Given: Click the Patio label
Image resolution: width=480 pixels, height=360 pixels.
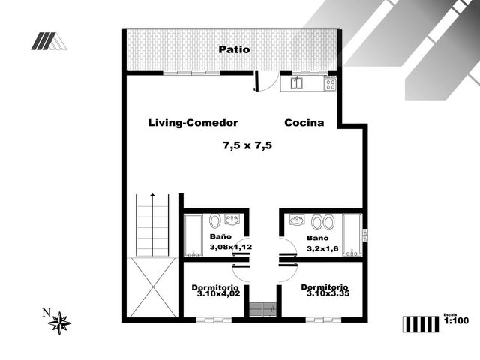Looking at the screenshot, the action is click(234, 49).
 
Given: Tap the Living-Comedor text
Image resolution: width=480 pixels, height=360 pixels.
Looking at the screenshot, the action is click(193, 123).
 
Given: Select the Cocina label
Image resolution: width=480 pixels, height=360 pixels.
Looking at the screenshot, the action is click(304, 123).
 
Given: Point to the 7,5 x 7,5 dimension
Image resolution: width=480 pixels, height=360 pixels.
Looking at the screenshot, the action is click(247, 145).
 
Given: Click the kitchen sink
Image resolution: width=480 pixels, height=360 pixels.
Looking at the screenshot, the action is click(297, 83).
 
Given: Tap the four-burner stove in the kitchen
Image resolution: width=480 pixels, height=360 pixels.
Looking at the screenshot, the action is click(331, 83).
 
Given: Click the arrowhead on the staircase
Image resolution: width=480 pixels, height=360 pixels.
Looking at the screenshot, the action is click(152, 195).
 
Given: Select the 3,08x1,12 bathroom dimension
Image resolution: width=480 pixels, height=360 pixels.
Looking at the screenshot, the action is click(231, 247).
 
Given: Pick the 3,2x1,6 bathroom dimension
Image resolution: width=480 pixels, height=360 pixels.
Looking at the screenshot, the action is click(322, 248).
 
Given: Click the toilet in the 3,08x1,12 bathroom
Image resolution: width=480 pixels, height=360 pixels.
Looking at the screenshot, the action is click(215, 220).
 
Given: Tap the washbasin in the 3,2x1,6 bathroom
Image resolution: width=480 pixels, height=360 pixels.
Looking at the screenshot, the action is click(297, 220).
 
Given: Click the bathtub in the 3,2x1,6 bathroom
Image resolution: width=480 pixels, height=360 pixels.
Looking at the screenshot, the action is click(352, 235).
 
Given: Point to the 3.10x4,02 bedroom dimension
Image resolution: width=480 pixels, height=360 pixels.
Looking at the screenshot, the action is click(218, 294).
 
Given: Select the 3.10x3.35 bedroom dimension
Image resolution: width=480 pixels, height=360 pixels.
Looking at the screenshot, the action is click(328, 293).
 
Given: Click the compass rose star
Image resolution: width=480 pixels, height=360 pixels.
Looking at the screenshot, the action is click(60, 323).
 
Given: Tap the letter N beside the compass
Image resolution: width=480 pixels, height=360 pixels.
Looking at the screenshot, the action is click(46, 313).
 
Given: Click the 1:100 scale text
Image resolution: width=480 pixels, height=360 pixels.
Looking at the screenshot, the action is click(456, 320).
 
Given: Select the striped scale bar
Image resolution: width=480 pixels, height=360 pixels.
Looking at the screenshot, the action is click(421, 324).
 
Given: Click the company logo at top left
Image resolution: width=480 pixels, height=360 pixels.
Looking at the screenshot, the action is click(49, 41).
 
